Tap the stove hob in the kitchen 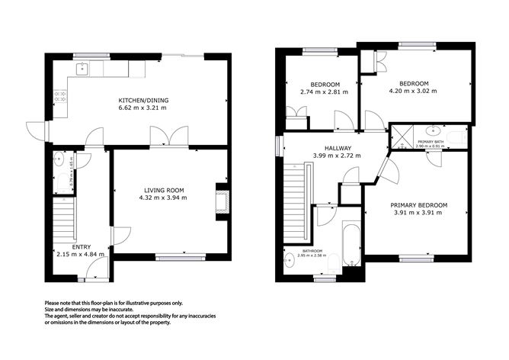(59, 98)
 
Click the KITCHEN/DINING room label (142, 101)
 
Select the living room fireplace (222, 201)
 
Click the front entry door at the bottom (98, 268)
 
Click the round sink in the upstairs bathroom (290, 263)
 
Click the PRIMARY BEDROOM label (418, 204)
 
